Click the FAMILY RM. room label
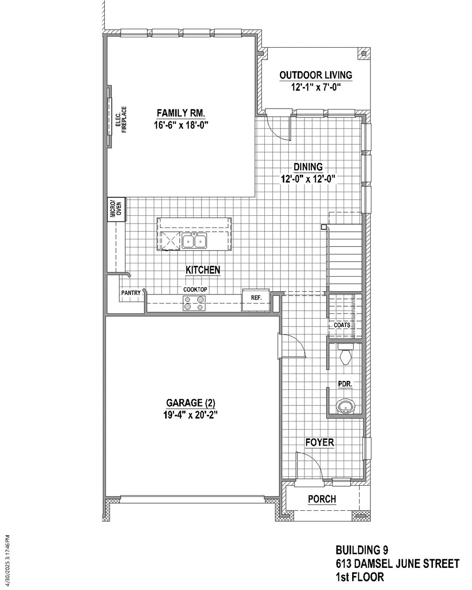(181, 113)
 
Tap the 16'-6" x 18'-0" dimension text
(181, 125)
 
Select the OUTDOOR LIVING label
(316, 75)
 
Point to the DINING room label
(308, 167)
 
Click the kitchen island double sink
(194, 241)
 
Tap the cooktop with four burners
(194, 303)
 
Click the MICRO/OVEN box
(116, 209)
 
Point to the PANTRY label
(131, 293)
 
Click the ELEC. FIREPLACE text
(121, 119)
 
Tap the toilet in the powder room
(346, 354)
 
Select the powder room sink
(346, 407)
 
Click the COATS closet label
(342, 325)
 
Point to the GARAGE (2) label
(191, 403)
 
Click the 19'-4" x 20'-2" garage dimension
(191, 415)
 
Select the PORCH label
(322, 499)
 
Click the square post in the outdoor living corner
(363, 53)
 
